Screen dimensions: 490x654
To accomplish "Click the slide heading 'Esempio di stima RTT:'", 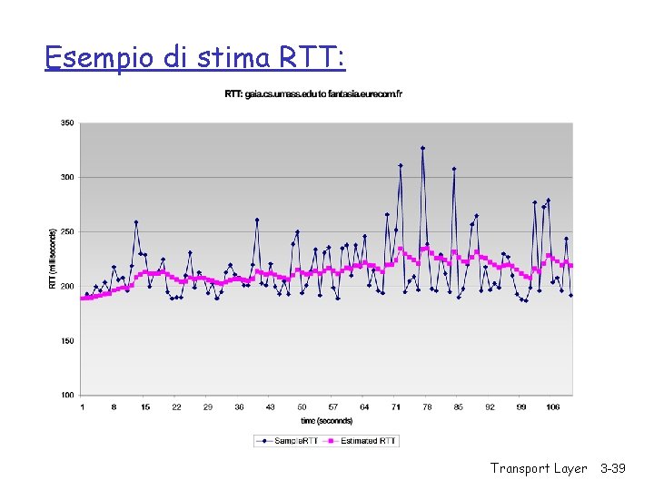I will pos(194,58).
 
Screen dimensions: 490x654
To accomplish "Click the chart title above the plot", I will pos(313,94).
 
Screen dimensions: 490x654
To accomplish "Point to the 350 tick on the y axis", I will pos(67,122).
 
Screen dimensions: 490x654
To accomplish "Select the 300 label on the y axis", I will pos(67,177).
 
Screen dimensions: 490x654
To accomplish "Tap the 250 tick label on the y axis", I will pos(67,231).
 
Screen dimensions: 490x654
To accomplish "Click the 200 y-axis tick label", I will pos(67,286).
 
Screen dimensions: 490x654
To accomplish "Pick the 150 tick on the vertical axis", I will pos(67,340).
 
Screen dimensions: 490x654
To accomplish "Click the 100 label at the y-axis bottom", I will pos(67,395).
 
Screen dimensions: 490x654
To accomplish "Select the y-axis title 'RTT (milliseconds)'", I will pos(52,259).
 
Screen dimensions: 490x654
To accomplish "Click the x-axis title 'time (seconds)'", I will pos(327,421).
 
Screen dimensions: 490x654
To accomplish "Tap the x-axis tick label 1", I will pos(83,407).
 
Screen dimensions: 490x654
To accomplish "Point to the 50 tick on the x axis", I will pos(302,407).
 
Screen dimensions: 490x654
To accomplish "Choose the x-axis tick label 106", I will pos(552,407).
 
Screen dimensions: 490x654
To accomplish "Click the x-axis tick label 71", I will pos(396,407).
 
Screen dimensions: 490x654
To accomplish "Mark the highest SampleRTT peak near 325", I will pos(422,148).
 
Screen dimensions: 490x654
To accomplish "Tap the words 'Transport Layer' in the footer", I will pos(539,468).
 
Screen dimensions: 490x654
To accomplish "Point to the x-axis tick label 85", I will pos(459,407).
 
